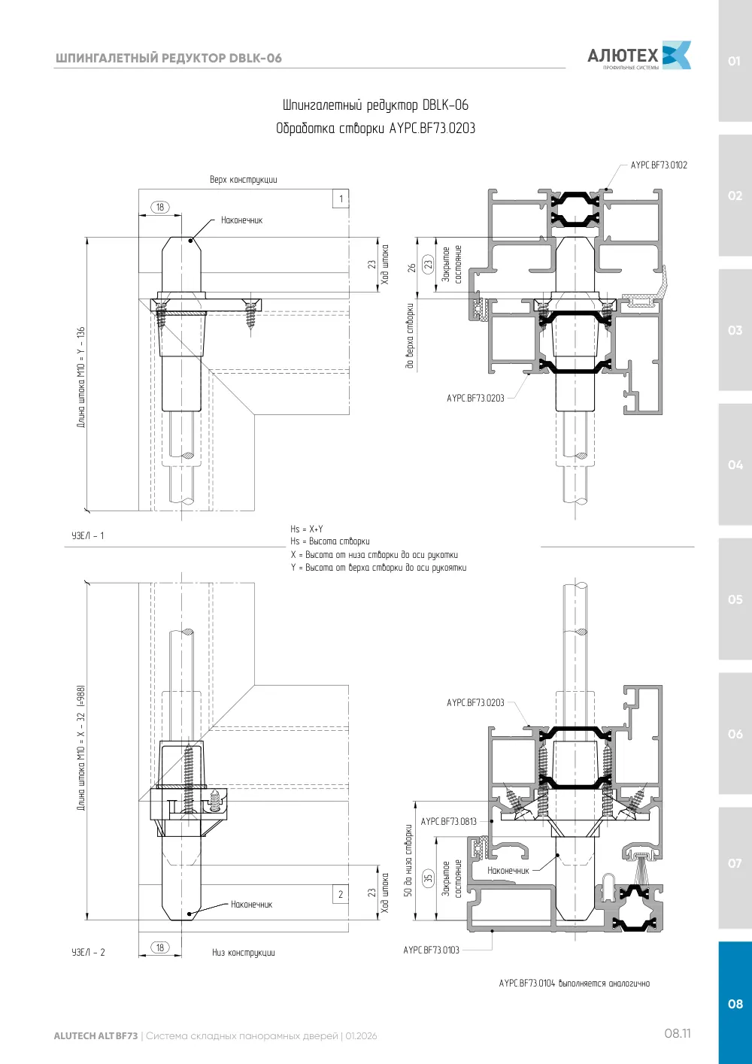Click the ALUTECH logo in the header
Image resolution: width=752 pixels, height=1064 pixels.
(x=639, y=55)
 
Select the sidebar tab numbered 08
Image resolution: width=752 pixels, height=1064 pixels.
(x=735, y=1003)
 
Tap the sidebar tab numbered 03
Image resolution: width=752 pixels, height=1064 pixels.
(x=735, y=329)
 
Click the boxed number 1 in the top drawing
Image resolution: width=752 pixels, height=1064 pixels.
(x=341, y=199)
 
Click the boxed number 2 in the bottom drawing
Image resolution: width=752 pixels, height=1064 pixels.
(x=341, y=894)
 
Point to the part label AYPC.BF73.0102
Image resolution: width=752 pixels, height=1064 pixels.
(x=659, y=165)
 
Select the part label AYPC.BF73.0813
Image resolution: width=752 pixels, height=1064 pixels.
(x=448, y=821)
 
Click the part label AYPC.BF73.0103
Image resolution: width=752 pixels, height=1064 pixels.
(x=432, y=950)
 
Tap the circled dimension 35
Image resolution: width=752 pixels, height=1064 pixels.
(x=429, y=878)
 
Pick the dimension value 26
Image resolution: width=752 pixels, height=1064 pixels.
(x=412, y=268)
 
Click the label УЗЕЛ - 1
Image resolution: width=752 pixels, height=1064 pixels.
(x=88, y=536)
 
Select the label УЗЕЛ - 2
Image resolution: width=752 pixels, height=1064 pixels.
(x=88, y=953)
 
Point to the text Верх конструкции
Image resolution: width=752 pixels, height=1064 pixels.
(x=243, y=180)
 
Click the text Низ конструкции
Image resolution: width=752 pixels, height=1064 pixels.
(x=243, y=953)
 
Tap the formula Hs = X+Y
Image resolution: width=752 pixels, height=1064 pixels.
(x=307, y=529)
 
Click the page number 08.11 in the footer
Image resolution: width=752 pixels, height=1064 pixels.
(x=678, y=1034)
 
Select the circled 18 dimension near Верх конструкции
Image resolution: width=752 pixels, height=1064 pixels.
(x=160, y=207)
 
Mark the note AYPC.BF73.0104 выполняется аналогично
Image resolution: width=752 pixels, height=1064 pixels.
(x=575, y=984)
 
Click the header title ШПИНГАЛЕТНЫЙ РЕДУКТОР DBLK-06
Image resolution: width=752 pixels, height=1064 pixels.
(x=168, y=58)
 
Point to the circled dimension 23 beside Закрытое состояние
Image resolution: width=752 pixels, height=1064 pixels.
(x=429, y=263)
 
